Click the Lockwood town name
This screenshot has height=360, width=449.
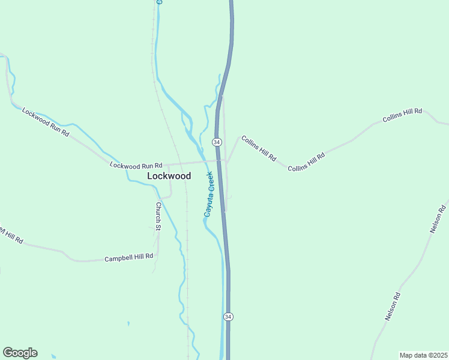(x=169, y=176)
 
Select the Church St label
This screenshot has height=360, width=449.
(x=158, y=216)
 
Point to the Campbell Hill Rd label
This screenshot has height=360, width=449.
(x=128, y=257)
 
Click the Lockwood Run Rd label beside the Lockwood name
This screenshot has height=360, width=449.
(x=136, y=165)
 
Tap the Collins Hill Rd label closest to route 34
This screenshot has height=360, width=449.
(x=259, y=148)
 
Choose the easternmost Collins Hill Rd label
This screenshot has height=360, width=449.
(x=402, y=115)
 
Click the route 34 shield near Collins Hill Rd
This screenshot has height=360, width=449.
(x=217, y=142)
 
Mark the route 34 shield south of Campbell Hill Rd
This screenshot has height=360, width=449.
(x=228, y=316)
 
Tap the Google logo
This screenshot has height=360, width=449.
(x=20, y=353)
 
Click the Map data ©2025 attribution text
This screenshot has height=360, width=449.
(x=423, y=355)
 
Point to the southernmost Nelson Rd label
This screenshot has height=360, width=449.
(x=393, y=306)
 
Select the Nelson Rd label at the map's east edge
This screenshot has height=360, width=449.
(x=438, y=219)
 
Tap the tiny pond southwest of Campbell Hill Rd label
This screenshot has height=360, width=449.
(x=128, y=323)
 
